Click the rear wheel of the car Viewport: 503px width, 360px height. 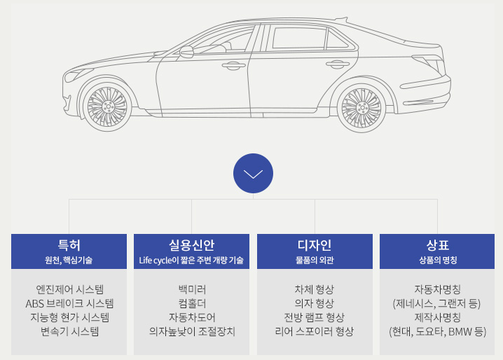click(x=363, y=108)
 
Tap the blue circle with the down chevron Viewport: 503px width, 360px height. click(x=253, y=173)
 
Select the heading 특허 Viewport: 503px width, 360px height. click(x=69, y=245)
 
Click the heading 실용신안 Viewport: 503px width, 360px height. click(x=191, y=245)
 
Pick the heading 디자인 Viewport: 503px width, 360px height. click(x=315, y=245)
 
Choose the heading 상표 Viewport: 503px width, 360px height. click(x=437, y=245)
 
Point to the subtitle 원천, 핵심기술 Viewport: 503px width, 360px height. click(x=69, y=261)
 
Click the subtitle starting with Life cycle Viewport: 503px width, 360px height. click(x=191, y=261)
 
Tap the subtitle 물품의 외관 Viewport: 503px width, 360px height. click(x=315, y=261)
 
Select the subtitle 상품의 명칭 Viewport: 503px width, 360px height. click(x=437, y=261)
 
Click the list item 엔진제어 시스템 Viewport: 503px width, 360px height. click(x=69, y=289)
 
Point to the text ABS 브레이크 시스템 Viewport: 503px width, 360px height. click(x=69, y=303)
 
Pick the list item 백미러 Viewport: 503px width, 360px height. click(x=192, y=289)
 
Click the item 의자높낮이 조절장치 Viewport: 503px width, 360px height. click(x=192, y=331)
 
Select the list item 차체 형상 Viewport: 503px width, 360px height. click(x=315, y=289)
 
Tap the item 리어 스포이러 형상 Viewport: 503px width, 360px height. click(x=315, y=331)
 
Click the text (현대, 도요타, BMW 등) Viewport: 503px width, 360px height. click(x=437, y=331)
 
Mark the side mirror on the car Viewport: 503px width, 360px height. click(x=186, y=52)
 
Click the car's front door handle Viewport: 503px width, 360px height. click(x=230, y=66)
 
